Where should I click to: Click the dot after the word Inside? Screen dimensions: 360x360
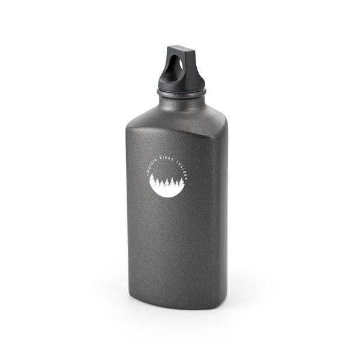[x=187, y=178]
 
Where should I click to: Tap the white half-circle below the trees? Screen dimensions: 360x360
[x=167, y=190]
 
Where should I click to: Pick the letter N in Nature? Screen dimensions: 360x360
[x=149, y=171]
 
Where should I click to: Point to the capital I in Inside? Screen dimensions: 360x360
[x=177, y=161]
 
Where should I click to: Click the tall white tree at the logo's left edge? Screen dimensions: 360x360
[x=152, y=179]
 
